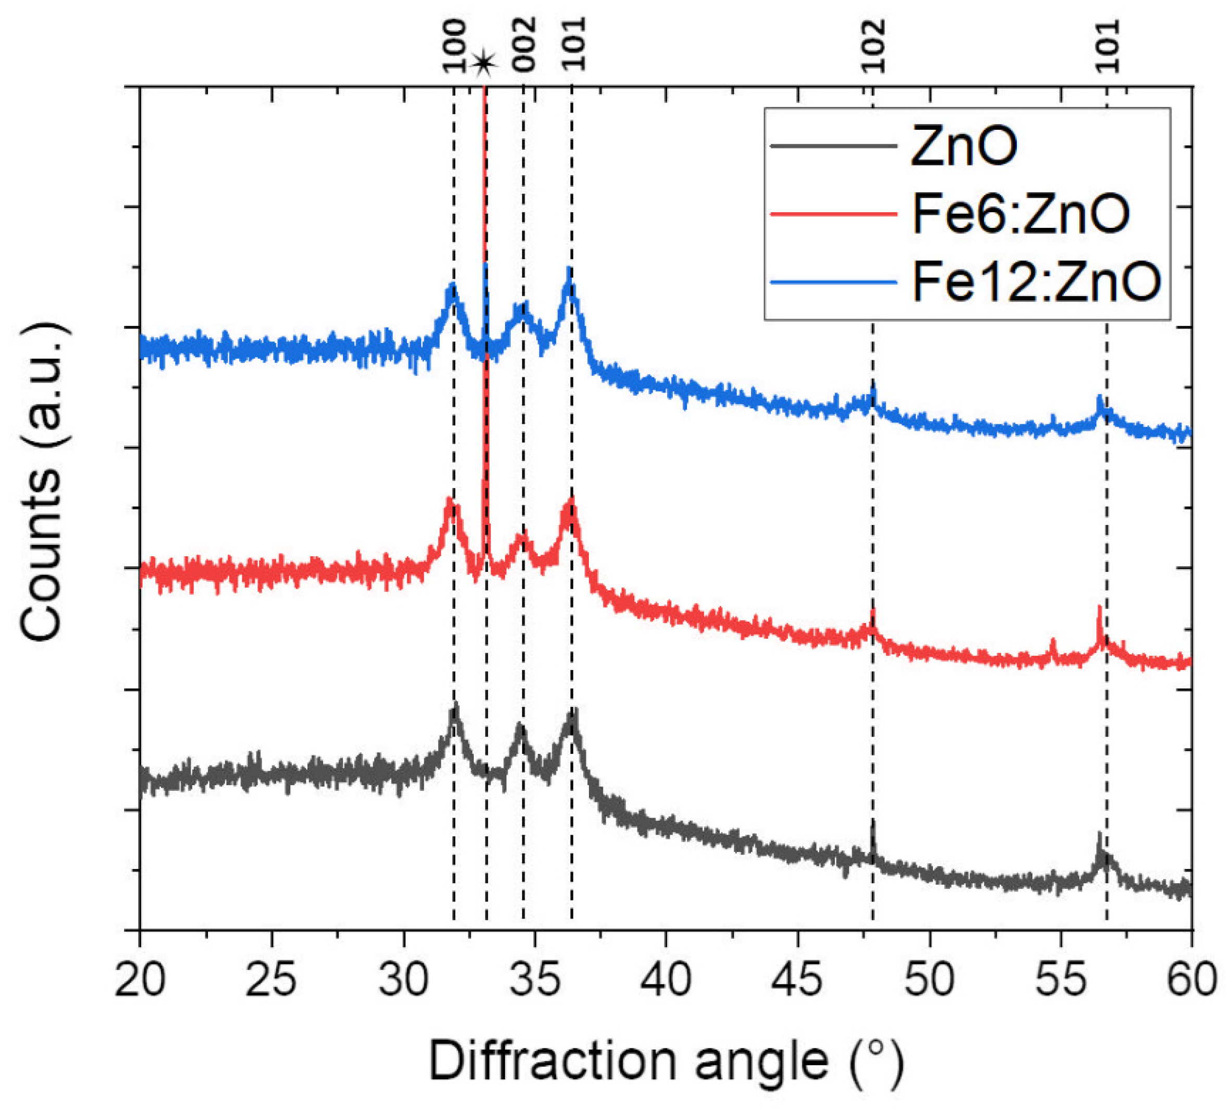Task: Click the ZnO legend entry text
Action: pos(963,146)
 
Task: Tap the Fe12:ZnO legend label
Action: pos(1035,282)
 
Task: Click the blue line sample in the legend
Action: pos(832,282)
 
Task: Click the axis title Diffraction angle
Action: pos(665,1061)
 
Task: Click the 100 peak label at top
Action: pos(454,46)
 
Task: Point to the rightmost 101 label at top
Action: pos(1107,46)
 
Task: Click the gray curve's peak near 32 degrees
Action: pos(454,707)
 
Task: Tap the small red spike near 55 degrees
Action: pos(1053,643)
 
